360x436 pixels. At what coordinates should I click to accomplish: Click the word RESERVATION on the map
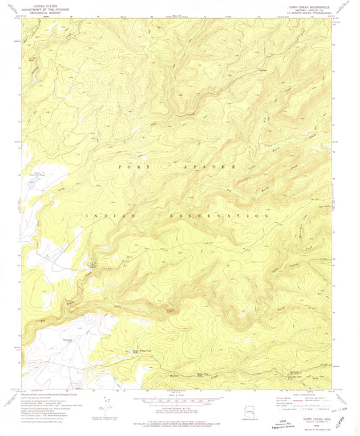[x=228, y=215]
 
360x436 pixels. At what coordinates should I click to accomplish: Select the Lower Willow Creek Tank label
[x=143, y=350]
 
